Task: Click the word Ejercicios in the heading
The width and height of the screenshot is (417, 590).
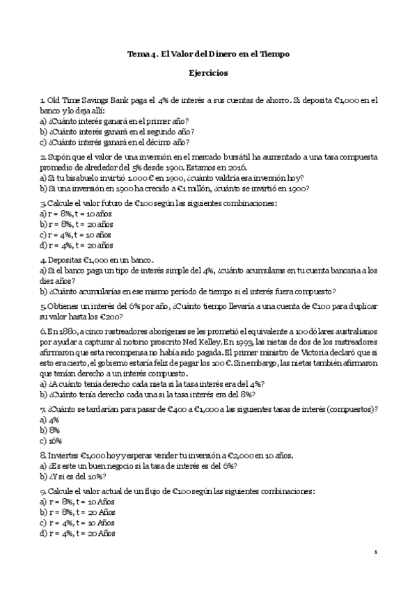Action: pyautogui.click(x=208, y=72)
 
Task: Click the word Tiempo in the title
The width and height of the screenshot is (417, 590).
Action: pyautogui.click(x=272, y=54)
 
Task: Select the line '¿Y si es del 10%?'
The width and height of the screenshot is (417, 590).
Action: pyautogui.click(x=82, y=477)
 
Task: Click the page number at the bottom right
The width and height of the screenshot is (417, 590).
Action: pyautogui.click(x=376, y=552)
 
